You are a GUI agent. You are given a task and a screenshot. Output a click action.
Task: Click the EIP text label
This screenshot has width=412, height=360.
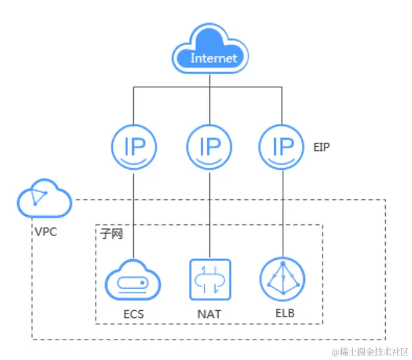point(321,147)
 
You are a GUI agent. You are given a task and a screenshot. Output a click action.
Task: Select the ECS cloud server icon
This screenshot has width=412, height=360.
point(133,281)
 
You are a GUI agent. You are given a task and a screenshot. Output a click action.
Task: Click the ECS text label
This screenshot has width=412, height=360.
point(133,314)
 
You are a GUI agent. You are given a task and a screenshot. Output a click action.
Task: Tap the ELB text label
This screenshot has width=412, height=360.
point(283,313)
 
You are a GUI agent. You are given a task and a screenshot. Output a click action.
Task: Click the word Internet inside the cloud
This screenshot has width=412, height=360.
point(213,58)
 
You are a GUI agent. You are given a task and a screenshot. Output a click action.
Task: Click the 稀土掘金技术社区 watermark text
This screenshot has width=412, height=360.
point(370,352)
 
